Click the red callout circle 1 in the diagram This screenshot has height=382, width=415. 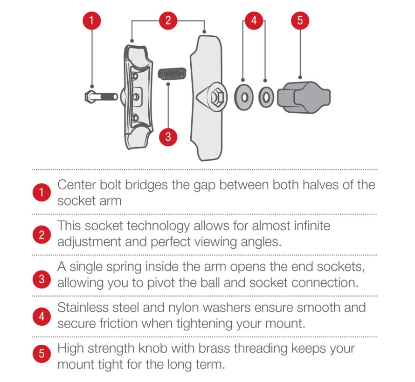point(91,20)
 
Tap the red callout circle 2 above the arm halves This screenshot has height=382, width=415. point(168,20)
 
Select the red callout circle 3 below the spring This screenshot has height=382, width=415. point(168,136)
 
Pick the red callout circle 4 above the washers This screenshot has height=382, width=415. point(254,20)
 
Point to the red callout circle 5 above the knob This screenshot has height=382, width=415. point(300,20)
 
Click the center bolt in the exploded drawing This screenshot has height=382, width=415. point(101,97)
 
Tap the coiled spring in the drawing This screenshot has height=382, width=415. point(173,74)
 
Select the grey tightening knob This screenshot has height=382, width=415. point(304,97)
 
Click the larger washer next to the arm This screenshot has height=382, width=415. point(244,97)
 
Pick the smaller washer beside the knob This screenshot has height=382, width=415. point(266,97)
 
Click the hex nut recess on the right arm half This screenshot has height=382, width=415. point(218,97)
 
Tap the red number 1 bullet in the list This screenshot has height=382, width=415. point(41,192)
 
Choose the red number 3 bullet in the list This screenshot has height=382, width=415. point(41,280)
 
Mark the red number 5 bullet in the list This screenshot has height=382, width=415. point(41,354)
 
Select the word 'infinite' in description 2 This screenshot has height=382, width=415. point(312,226)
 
